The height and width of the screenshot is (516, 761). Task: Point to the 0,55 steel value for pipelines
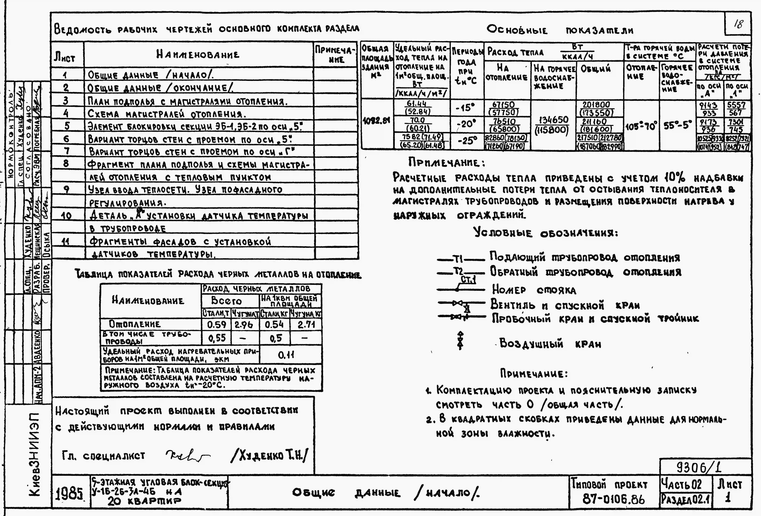click(x=216, y=337)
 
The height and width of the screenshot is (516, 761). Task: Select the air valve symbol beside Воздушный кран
click(x=460, y=340)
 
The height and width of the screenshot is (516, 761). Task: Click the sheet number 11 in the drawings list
click(x=66, y=242)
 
